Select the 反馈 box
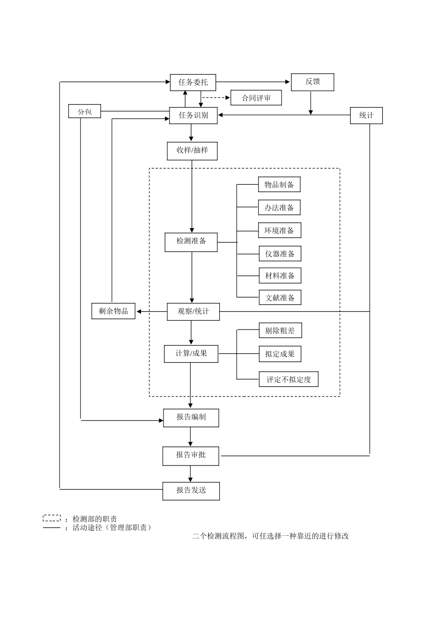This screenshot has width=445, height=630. [312, 82]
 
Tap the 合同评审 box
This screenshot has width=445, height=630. [256, 98]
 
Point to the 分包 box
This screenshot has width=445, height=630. [84, 112]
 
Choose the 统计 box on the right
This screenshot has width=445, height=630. [366, 115]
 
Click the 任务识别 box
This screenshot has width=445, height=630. [193, 115]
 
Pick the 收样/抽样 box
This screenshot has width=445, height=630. [192, 150]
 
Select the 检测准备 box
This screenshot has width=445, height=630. [191, 241]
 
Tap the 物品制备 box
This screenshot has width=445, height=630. [279, 185]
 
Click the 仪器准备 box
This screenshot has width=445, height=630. [280, 254]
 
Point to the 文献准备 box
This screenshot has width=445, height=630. [280, 298]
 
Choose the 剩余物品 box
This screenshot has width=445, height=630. [113, 311]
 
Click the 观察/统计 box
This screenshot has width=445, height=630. [193, 311]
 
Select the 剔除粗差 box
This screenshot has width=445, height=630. [280, 330]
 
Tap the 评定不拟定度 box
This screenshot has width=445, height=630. [289, 379]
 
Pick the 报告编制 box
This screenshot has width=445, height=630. [191, 417]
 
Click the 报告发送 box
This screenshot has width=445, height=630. [191, 490]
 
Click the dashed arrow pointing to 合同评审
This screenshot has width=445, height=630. [216, 98]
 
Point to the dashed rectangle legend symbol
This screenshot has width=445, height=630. [52, 518]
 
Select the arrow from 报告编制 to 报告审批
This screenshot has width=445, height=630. [190, 437]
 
